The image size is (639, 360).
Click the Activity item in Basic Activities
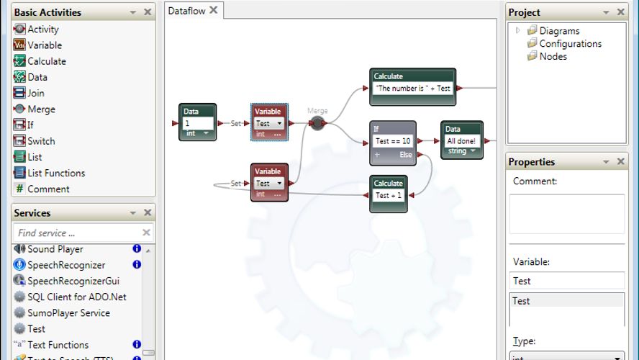[x=42, y=30]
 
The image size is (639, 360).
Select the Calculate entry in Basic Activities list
[x=46, y=61]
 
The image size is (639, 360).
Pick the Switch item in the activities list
[x=41, y=141]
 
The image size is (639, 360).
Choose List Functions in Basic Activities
[x=55, y=173]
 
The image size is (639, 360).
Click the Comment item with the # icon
[x=48, y=189]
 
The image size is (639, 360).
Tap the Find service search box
[x=76, y=233]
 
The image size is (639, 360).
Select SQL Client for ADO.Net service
[x=77, y=297]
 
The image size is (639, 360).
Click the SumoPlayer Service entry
[x=68, y=313]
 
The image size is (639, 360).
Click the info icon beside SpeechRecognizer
[x=137, y=264]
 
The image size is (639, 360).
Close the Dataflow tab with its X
[x=213, y=10]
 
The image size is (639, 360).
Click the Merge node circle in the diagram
[x=317, y=123]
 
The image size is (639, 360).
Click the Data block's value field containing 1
[x=197, y=123]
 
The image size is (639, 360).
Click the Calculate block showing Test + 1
[x=389, y=195]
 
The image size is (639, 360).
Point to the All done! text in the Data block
[x=461, y=141]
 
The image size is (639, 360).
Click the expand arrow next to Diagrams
[x=517, y=30]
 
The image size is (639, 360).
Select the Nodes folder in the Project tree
[x=553, y=56]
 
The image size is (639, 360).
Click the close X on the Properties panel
[x=620, y=162]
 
